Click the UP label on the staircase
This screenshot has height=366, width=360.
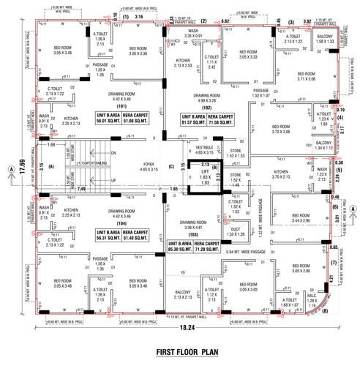click(x=112, y=180)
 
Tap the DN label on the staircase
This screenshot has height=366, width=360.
click(x=112, y=153)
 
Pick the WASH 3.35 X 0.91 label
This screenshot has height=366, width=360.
click(x=193, y=32)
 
